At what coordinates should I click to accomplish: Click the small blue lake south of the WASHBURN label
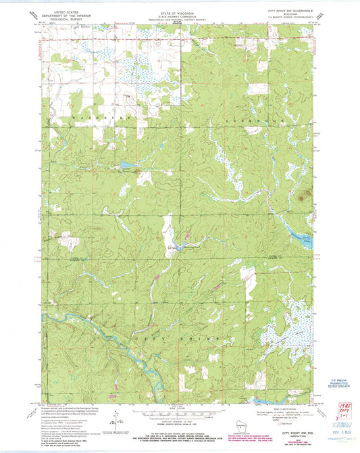coord(126,164)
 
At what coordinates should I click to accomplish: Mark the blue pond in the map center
coord(179,244)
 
